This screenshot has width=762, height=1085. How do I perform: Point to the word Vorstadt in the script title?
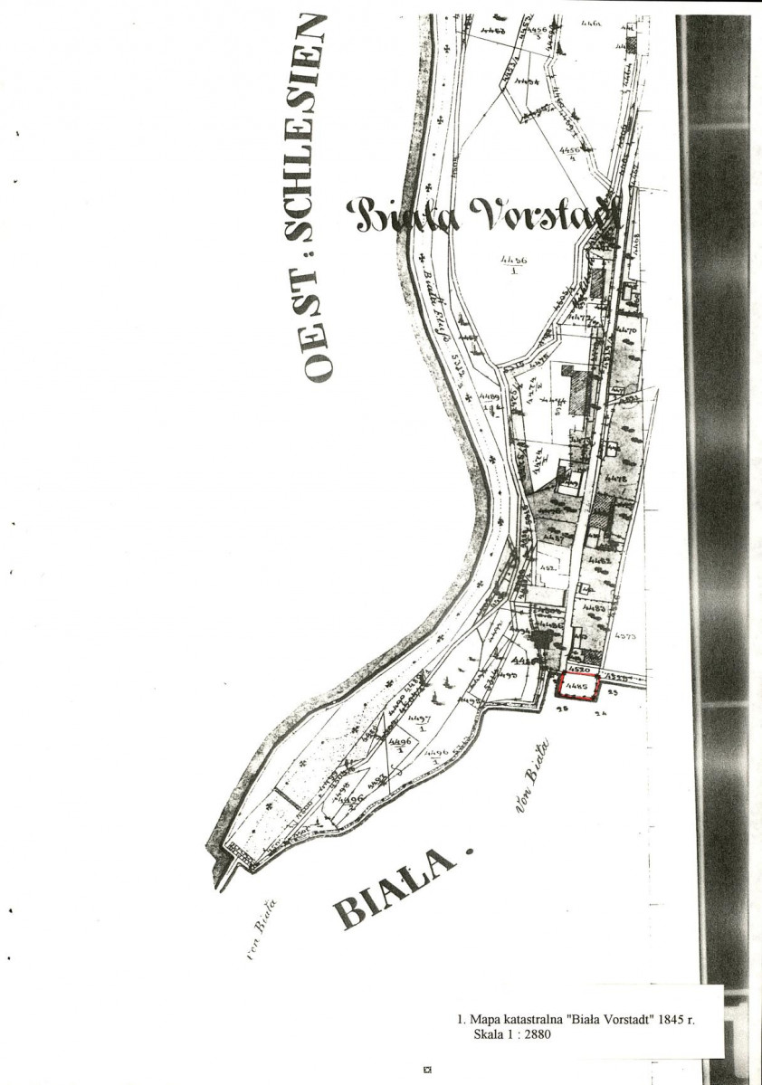click(542, 214)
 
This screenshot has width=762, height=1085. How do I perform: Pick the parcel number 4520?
click(583, 671)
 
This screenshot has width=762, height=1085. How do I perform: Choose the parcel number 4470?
click(626, 331)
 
